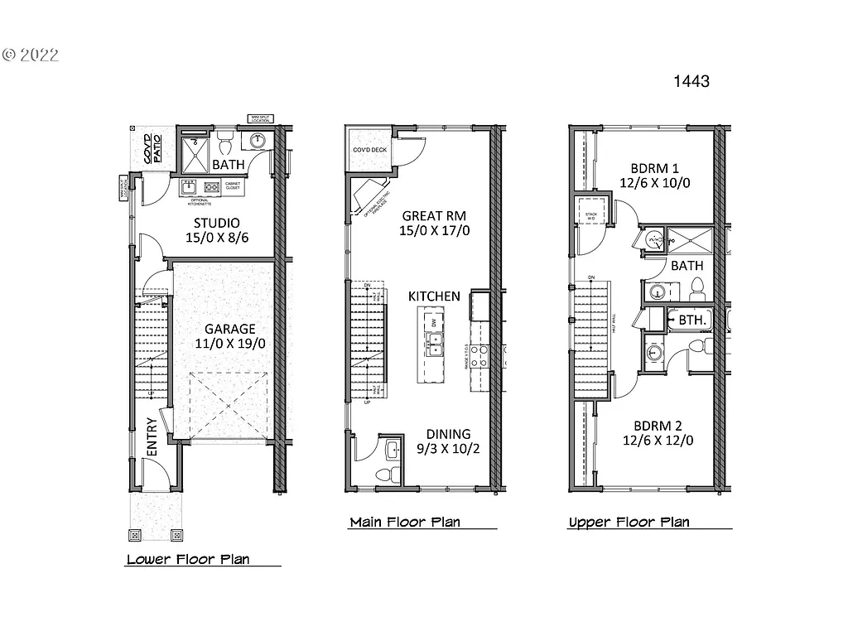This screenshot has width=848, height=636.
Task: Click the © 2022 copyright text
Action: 31,55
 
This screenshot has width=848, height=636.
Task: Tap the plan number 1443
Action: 691,81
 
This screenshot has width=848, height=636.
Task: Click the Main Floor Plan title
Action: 405,522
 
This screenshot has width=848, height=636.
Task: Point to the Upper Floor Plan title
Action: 629,522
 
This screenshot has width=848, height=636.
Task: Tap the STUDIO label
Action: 217,223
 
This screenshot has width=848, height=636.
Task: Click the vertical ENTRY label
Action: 153,436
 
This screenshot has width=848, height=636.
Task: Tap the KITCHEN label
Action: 434,296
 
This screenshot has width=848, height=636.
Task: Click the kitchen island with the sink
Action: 431,344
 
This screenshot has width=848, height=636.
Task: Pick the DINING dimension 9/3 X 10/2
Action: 447,450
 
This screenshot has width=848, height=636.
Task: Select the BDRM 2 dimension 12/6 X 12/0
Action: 658,441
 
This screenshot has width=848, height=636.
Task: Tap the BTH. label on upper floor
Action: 692,319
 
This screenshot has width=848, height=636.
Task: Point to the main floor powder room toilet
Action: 385,475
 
